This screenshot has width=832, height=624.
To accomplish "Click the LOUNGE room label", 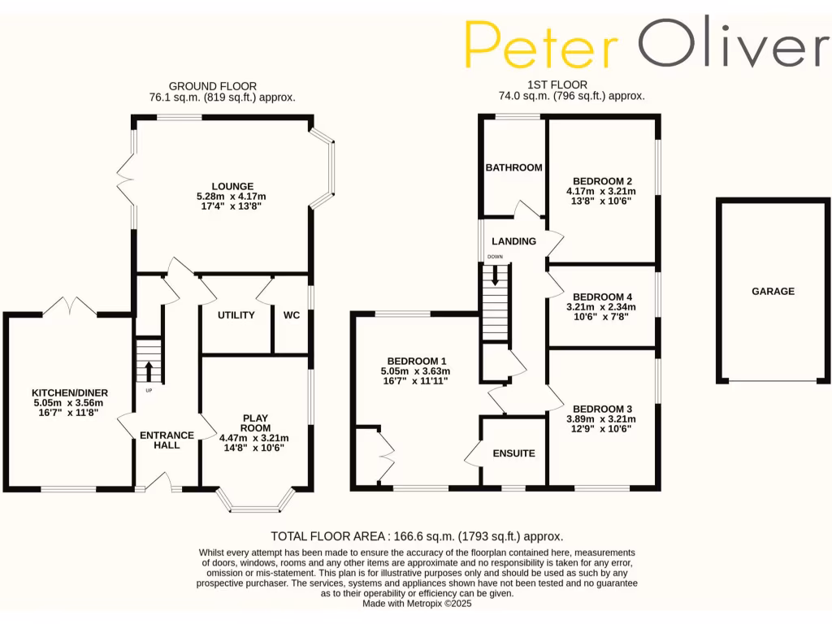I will coord(233,186).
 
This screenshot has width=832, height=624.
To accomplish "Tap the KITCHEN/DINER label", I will coord(70,392).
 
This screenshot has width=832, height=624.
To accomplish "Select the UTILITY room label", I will coord(236,315).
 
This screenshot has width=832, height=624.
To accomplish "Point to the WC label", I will coord(292,315).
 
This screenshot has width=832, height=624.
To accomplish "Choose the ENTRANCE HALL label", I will coord(167,440).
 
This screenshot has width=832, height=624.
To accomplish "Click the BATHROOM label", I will coord(513,168).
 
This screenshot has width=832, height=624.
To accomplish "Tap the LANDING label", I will coord(513,241).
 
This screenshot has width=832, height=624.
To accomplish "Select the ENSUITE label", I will coord(513,453).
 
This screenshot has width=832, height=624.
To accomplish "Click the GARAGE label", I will coord(773,291).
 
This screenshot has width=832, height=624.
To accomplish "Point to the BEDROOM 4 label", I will coord(602,297).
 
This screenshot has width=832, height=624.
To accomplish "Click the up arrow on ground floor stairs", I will coord(149,370).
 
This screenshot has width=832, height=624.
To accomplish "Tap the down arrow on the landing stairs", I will coord(495,279).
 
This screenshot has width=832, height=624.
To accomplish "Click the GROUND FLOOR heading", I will coord(213,86).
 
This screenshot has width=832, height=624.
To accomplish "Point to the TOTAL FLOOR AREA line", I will coord(417,536).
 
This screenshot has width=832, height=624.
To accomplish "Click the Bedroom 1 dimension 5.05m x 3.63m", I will coord(417,370).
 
